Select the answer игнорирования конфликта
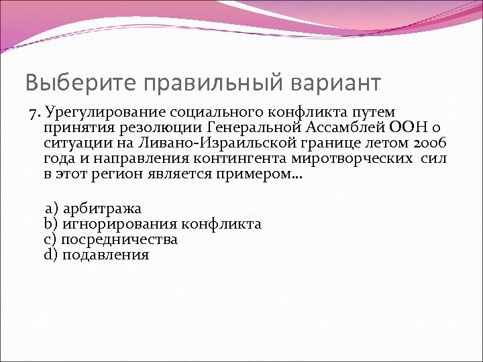[161, 224]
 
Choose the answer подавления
[105, 255]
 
